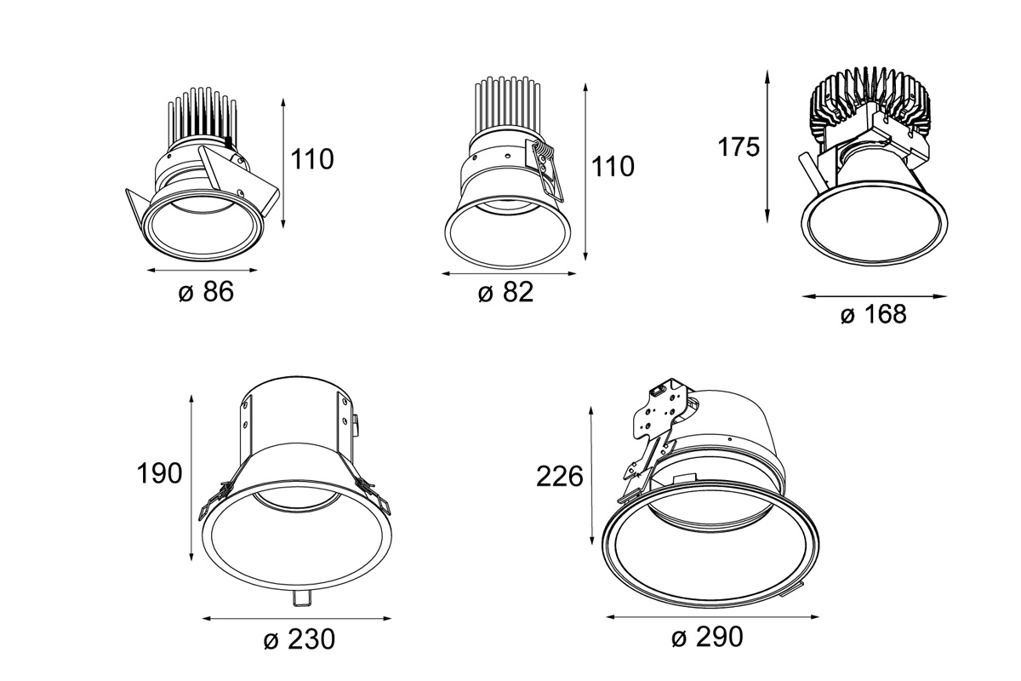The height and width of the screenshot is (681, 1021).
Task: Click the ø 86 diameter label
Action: [x=205, y=292]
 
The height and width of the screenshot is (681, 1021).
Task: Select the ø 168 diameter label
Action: [x=874, y=315]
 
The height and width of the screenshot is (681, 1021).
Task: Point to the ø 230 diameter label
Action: [x=299, y=638]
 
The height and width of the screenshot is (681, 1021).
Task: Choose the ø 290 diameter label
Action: [x=708, y=636]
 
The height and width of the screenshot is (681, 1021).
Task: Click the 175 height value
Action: [x=738, y=147]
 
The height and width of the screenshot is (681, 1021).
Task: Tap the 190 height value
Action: [x=159, y=473]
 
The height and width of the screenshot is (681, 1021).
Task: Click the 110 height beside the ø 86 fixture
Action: [x=312, y=158]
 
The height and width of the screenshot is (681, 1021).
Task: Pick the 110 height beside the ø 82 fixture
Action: [x=613, y=166]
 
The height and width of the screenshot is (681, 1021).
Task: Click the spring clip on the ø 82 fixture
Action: [x=545, y=166]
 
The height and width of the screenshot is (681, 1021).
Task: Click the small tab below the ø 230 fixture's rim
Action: [x=301, y=598]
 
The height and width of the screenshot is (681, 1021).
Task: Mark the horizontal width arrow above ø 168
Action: [x=875, y=297]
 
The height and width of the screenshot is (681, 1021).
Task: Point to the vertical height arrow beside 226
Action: [x=592, y=477]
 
